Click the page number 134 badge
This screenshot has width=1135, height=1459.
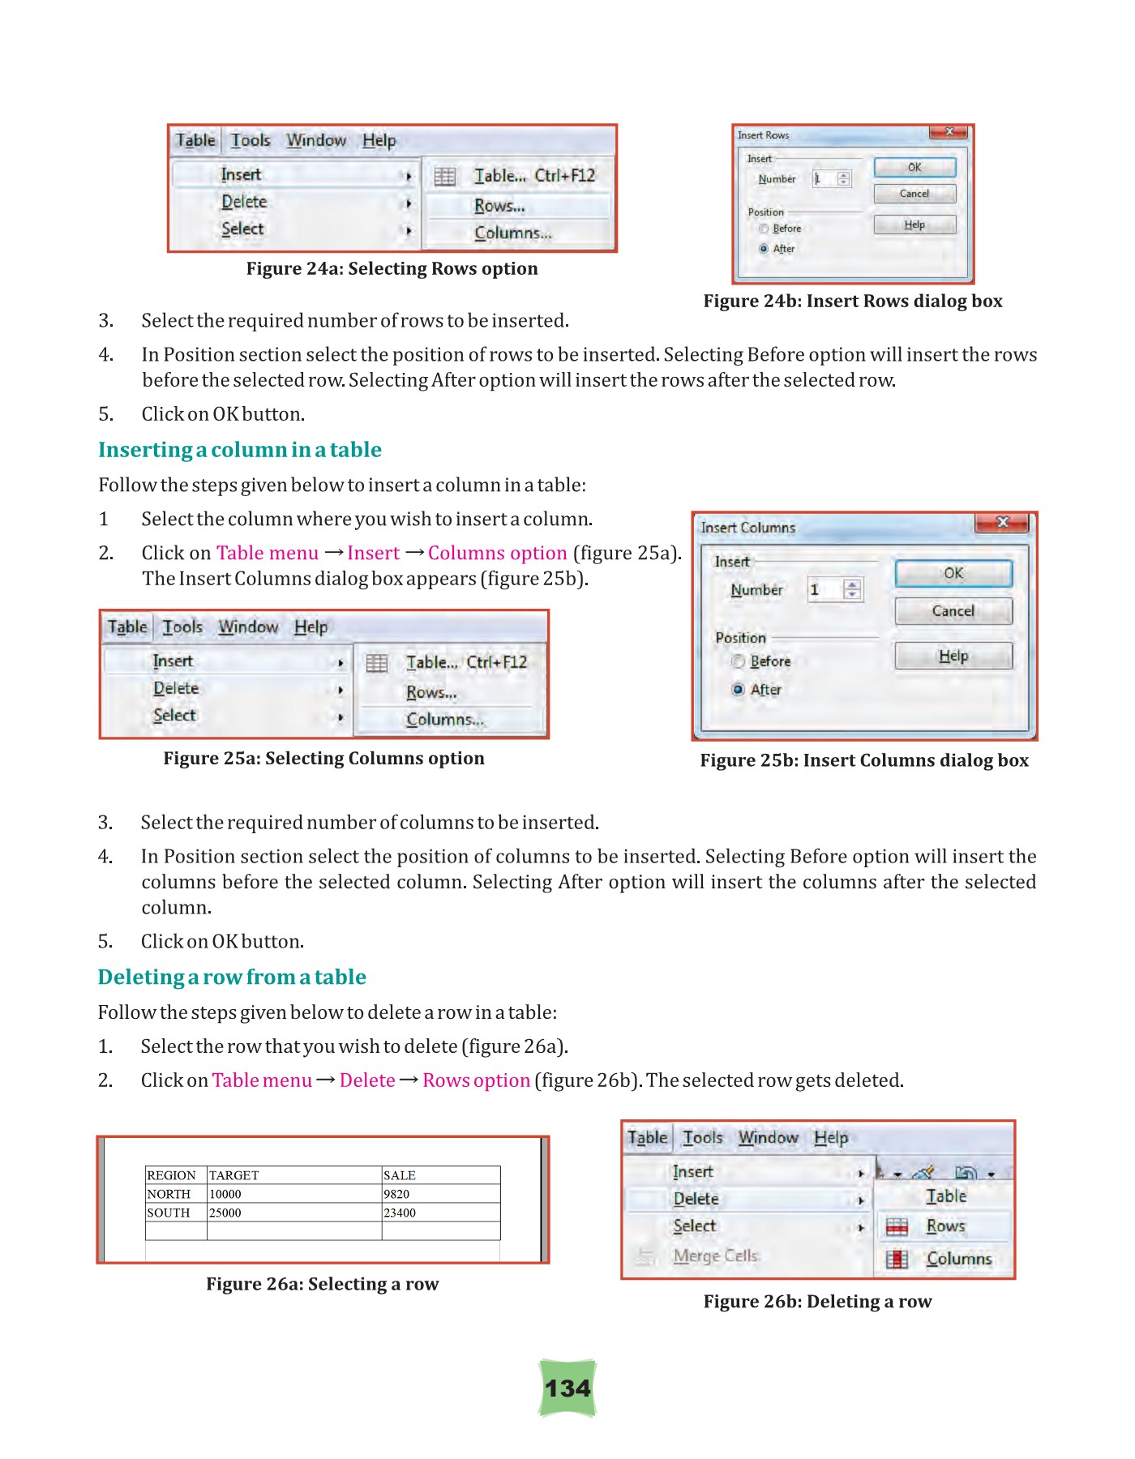(567, 1388)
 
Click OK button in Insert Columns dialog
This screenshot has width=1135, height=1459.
(953, 573)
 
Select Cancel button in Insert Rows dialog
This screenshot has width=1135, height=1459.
(914, 194)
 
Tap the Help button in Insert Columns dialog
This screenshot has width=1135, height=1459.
(953, 656)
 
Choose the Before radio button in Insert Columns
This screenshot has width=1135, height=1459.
(739, 661)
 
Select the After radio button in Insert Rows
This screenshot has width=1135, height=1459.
(764, 249)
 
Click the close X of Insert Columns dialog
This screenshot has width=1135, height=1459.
(1003, 523)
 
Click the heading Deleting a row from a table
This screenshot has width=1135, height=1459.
(232, 977)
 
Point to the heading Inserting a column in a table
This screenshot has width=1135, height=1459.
(240, 450)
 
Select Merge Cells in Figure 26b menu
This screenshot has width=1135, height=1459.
(715, 1256)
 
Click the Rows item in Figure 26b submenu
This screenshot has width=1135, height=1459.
(945, 1226)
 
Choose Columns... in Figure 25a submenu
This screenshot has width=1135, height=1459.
(445, 720)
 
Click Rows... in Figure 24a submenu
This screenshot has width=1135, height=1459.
(499, 206)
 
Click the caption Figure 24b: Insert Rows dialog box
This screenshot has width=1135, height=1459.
(853, 302)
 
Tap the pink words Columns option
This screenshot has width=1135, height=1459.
(497, 553)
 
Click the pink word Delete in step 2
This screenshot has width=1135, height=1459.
(367, 1080)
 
